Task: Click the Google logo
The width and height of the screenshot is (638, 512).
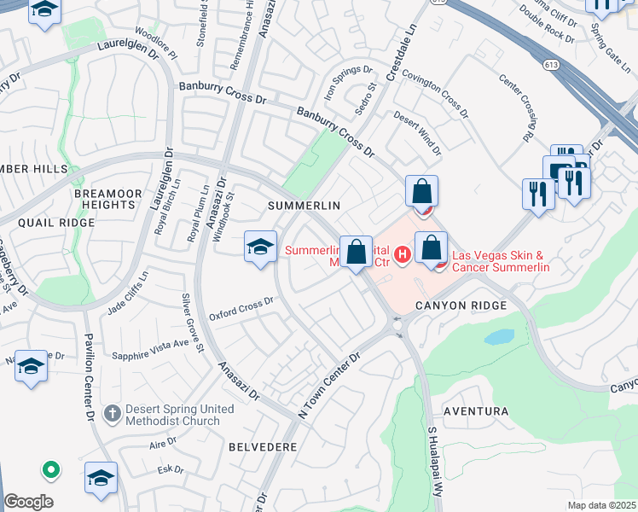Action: pos(28,502)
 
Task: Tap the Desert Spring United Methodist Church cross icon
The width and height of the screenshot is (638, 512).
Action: pos(111,414)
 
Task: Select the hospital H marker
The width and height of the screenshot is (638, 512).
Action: pos(403,253)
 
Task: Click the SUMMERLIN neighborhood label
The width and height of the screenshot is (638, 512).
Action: pos(304,206)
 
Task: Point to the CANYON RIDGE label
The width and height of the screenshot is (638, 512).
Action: pos(462,305)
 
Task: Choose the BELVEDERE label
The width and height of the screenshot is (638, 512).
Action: pos(263,446)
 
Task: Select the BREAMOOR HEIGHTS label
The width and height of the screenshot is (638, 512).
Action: pos(105,199)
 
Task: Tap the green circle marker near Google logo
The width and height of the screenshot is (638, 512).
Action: pos(50,468)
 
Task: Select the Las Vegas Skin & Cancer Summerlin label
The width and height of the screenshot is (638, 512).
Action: pos(500,261)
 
